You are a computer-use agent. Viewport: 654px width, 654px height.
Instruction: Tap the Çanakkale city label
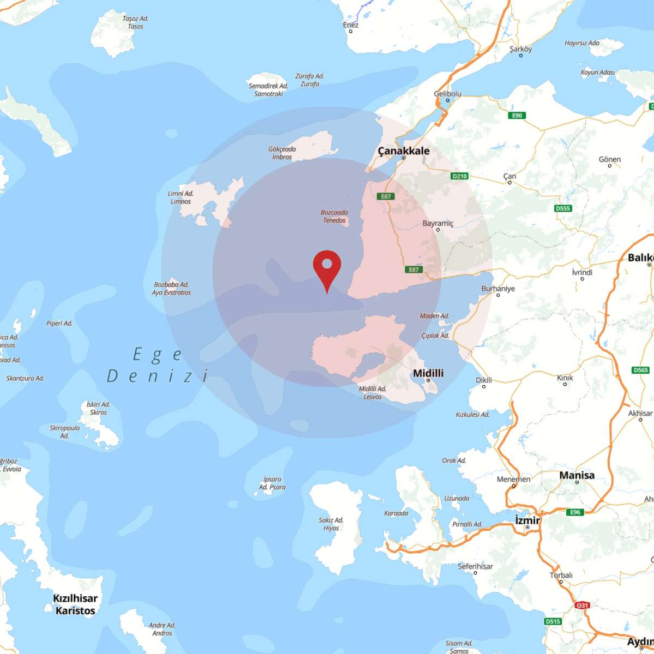pyautogui.click(x=403, y=151)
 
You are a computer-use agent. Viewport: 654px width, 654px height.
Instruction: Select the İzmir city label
pyautogui.click(x=527, y=520)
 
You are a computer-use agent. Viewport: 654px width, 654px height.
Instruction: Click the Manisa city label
pyautogui.click(x=577, y=475)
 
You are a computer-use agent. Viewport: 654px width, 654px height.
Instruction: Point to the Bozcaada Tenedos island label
pyautogui.click(x=334, y=216)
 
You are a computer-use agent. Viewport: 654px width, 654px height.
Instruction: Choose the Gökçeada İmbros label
pyautogui.click(x=282, y=153)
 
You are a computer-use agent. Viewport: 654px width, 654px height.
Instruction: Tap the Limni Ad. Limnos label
pyautogui.click(x=180, y=197)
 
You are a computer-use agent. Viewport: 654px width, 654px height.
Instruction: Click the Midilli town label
pyautogui.click(x=428, y=373)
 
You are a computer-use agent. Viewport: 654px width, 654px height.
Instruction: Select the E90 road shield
pyautogui.click(x=517, y=115)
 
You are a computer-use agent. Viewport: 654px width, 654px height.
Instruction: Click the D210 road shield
pyautogui.click(x=459, y=176)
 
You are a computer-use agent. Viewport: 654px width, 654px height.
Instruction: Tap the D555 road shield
pyautogui.click(x=563, y=208)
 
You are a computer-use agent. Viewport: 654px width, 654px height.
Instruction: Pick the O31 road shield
pyautogui.click(x=582, y=605)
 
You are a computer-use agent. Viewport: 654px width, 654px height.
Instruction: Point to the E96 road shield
pyautogui.click(x=575, y=512)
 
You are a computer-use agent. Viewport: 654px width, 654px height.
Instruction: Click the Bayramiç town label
pyautogui.click(x=438, y=223)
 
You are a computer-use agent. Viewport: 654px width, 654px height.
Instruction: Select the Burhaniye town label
pyautogui.click(x=498, y=289)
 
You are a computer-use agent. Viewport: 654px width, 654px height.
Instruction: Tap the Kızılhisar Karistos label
pyautogui.click(x=75, y=604)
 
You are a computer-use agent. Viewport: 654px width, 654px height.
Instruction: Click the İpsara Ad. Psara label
pyautogui.click(x=272, y=483)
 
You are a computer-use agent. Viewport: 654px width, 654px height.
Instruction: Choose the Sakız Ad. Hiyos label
pyautogui.click(x=331, y=524)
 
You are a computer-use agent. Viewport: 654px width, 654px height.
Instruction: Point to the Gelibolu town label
pyautogui.click(x=447, y=94)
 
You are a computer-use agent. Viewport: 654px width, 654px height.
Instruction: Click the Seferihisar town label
pyautogui.click(x=475, y=566)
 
